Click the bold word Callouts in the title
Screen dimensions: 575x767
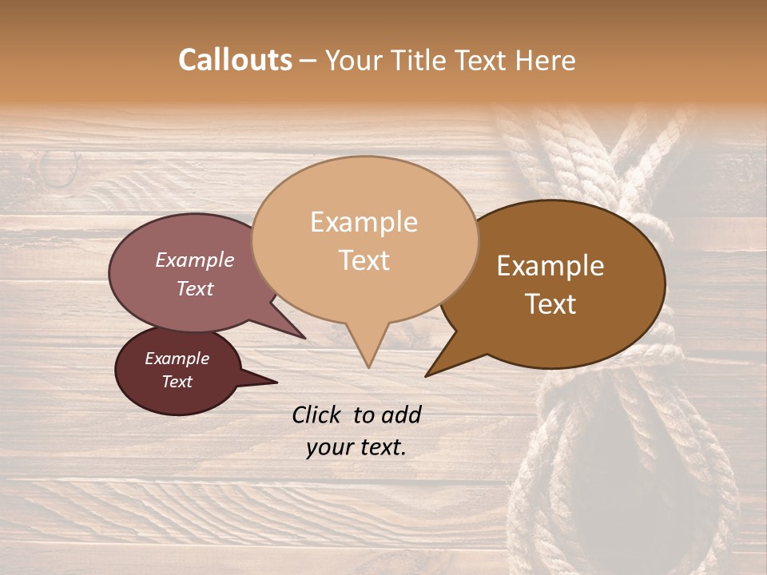coord(235,60)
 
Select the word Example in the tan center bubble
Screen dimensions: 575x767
coord(364,222)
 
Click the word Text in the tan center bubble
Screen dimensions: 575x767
coord(364,260)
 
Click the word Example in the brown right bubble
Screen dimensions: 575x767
coord(550,266)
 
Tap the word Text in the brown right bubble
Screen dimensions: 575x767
coord(550,304)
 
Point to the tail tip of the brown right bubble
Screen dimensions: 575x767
coord(427,375)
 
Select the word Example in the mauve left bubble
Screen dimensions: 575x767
coord(194,260)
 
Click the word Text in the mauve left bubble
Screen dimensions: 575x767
coord(194,288)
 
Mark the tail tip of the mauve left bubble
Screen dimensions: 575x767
coord(305,338)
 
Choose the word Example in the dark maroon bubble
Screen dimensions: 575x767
coord(177,359)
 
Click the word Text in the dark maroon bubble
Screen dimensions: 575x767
coord(177,382)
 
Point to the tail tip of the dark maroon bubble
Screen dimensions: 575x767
coord(276,382)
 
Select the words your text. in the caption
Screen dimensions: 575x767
coord(356,447)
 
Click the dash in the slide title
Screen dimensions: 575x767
coord(309,61)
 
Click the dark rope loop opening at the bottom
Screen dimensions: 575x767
coord(615,479)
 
